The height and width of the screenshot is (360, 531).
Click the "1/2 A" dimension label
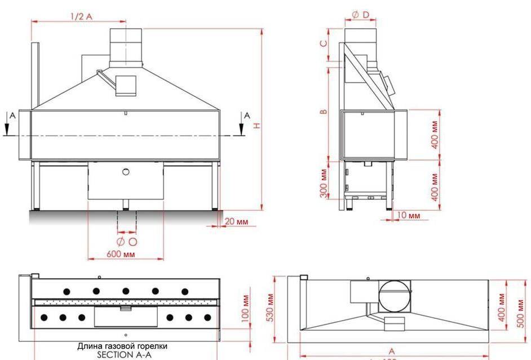81,16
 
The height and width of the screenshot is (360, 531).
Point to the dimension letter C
323,43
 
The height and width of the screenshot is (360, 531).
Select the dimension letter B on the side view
323,112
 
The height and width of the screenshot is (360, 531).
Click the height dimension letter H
256,126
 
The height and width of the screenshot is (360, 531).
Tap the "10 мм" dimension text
409,216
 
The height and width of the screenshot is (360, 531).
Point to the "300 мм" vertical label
323,183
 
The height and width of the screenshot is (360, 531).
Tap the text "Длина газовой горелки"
122,346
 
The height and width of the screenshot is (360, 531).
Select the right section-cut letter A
246,115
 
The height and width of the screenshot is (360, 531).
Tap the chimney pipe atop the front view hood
126,45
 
